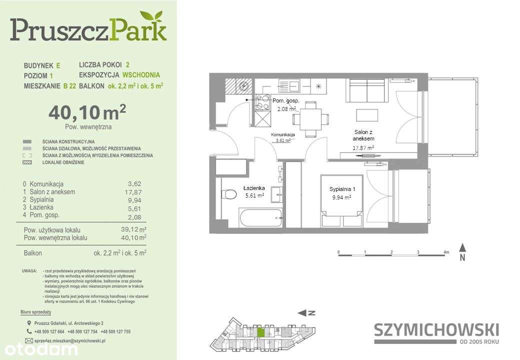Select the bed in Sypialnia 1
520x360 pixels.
[341, 200]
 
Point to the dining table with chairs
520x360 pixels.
[311, 119]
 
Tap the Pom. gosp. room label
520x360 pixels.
[285, 101]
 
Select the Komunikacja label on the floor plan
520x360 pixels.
[283, 135]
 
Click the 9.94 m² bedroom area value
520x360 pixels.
[341, 197]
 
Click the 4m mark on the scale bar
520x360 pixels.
[446, 252]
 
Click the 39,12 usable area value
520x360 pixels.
[131, 229]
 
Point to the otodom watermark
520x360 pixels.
[39, 349]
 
